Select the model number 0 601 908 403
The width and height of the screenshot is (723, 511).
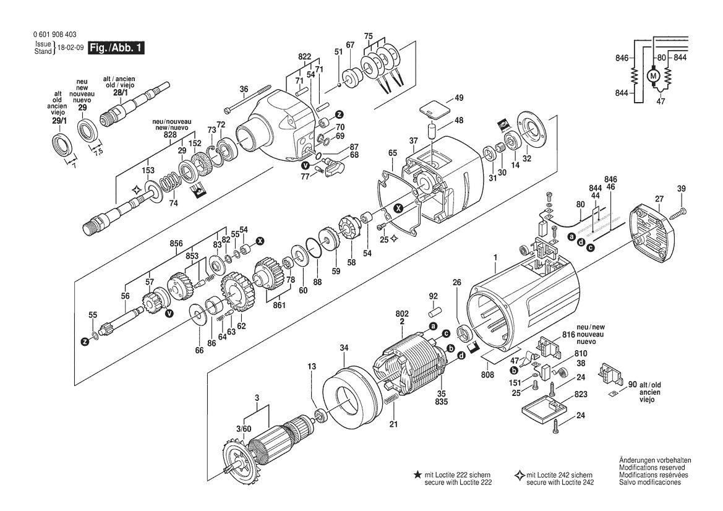tap(55, 35)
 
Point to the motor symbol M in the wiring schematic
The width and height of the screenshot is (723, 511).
tap(653, 75)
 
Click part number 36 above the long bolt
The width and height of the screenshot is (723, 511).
tap(244, 90)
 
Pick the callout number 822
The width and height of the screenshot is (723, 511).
tap(304, 57)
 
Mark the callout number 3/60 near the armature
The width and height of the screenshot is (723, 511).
tap(244, 429)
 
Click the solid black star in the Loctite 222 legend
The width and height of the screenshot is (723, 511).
tap(417, 474)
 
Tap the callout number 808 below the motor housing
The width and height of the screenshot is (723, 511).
tap(487, 374)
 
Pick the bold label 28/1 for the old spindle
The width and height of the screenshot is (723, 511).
tap(119, 93)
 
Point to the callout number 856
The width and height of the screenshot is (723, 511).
tap(176, 244)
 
